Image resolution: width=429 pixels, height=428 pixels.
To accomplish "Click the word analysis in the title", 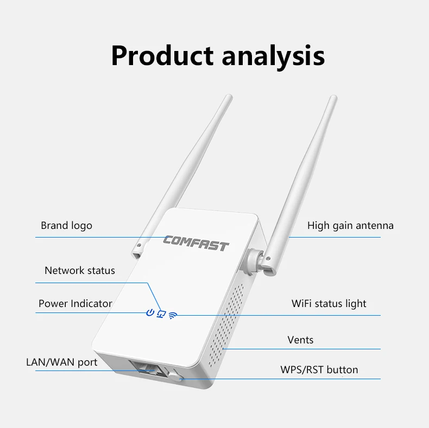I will pyautogui.click(x=277, y=56).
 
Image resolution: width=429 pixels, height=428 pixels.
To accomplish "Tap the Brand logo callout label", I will pyautogui.click(x=66, y=225).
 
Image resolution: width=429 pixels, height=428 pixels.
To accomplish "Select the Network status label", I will pyautogui.click(x=79, y=270).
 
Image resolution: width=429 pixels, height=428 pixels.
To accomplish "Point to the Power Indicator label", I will pyautogui.click(x=75, y=303).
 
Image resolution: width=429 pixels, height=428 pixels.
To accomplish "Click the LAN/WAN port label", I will pyautogui.click(x=61, y=362).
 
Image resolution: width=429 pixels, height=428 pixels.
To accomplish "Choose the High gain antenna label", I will pyautogui.click(x=350, y=225).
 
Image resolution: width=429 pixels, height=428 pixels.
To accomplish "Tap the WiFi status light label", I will pyautogui.click(x=329, y=303).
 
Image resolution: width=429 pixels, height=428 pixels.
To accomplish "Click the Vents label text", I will pyautogui.click(x=300, y=340).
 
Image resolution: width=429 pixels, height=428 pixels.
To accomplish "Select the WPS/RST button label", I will pyautogui.click(x=319, y=370).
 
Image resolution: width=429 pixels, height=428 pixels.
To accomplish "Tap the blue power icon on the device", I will pyautogui.click(x=150, y=313).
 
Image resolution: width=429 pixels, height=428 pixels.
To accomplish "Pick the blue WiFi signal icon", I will pyautogui.click(x=173, y=314).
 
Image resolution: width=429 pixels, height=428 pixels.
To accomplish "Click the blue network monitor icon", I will pyautogui.click(x=161, y=314).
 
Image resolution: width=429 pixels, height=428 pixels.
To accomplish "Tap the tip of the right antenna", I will pyautogui.click(x=333, y=98).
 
